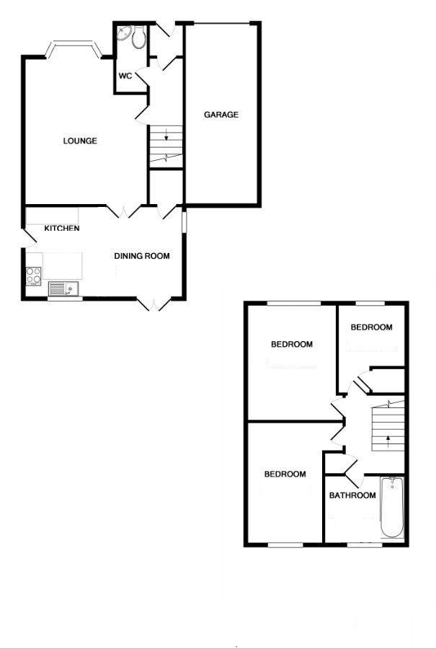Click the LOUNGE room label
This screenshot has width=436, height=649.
[x=79, y=141]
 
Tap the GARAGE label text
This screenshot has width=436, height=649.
[x=221, y=115]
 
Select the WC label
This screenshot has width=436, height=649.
[x=124, y=76]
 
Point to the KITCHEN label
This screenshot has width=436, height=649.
[x=62, y=229]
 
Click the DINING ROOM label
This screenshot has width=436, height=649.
[x=142, y=255]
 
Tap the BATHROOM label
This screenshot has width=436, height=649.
[x=352, y=495]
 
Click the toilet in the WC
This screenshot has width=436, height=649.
[x=138, y=38]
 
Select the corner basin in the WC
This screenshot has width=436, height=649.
[x=123, y=34]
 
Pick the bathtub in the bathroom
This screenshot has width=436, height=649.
[x=391, y=507]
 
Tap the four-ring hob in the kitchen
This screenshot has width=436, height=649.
[x=34, y=275]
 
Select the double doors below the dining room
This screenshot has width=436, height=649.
[x=154, y=303]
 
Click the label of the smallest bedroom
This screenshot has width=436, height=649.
[x=371, y=327]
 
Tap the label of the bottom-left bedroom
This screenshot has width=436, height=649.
[x=285, y=474]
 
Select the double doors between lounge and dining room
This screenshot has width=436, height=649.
[x=124, y=211]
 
